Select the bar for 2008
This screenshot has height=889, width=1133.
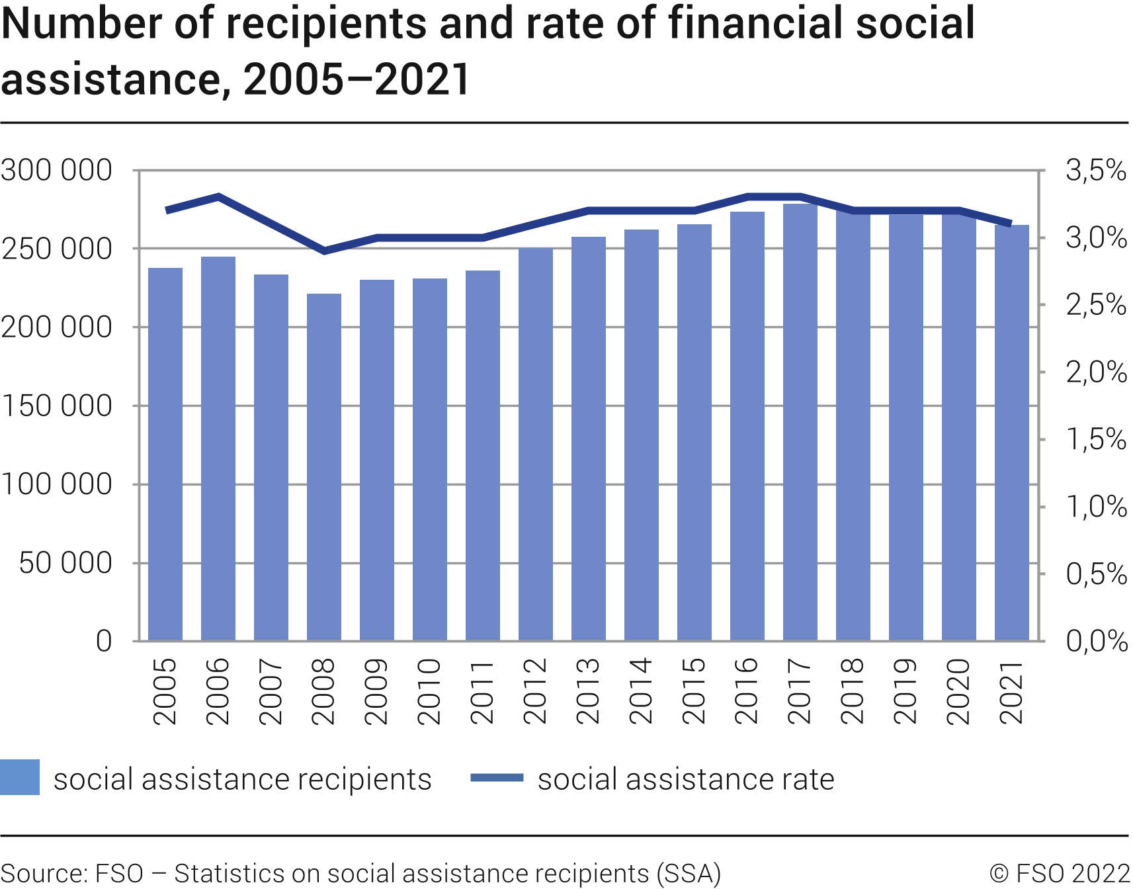coord(324,466)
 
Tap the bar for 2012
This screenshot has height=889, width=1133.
coord(536,444)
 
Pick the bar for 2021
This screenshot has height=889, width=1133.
coord(1012,433)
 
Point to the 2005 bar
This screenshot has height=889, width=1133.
coord(165,454)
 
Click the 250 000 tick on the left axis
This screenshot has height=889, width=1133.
coord(57,249)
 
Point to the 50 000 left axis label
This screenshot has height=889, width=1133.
coord(65,564)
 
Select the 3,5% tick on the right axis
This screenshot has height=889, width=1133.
coord(1095,171)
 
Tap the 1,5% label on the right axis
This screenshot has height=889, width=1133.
coord(1095,439)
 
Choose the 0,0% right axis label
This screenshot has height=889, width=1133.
coord(1096,641)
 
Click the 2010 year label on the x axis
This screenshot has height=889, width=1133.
coord(430,691)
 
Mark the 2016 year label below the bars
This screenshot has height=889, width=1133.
coord(747,691)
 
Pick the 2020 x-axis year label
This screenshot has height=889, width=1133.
coord(959,691)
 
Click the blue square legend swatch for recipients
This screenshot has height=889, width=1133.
coord(20,777)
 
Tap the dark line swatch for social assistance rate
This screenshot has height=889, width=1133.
coord(497,778)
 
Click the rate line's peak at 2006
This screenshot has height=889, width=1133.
coord(218,196)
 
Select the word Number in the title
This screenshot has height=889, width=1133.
coord(82,24)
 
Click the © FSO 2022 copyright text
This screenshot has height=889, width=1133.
coord(1060,874)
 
